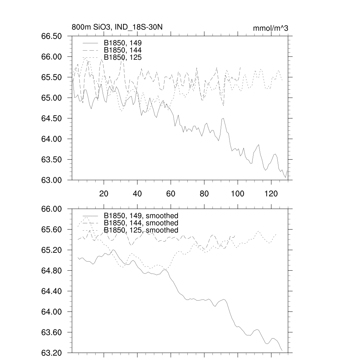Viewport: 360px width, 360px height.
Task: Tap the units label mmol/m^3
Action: pos(271,28)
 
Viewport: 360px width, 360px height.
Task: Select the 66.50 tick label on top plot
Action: pos(52,36)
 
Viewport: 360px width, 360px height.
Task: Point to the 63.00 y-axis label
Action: pos(52,180)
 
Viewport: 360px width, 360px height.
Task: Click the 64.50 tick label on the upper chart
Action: pos(52,118)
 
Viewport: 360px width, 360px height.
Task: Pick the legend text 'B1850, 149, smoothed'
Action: pos(141,216)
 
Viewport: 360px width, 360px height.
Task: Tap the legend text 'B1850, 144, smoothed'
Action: pos(141,223)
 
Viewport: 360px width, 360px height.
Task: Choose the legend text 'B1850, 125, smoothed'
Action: pos(141,230)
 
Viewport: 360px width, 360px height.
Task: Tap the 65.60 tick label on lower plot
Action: pos(52,230)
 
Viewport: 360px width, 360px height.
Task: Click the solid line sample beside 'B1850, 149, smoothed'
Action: pos(91,215)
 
